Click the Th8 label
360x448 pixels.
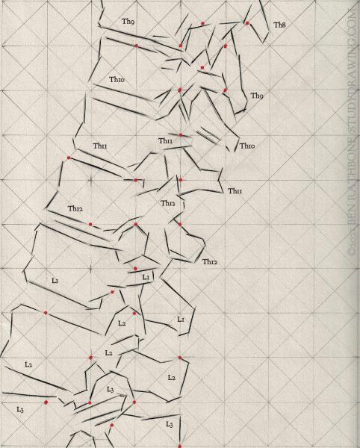[x=279, y=25]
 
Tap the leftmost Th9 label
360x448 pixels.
[x=128, y=22]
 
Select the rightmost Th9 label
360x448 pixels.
[x=256, y=96]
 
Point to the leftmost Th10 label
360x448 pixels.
[x=117, y=80]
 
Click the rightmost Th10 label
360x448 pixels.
[x=247, y=146]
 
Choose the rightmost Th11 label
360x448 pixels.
[x=235, y=191]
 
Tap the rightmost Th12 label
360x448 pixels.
[x=210, y=261]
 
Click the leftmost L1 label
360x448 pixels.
[x=55, y=279]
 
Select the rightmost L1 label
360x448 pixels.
[x=180, y=319]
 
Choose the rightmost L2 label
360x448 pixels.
[x=171, y=379]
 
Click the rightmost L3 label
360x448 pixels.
[x=169, y=424]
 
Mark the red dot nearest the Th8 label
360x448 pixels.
[x=247, y=23]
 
